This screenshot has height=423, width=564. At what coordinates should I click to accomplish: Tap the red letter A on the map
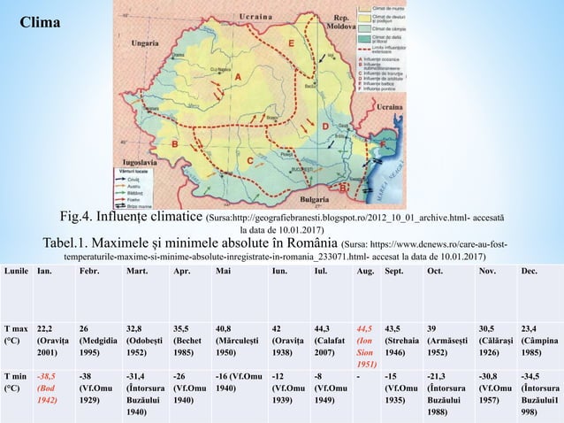(x=237, y=77)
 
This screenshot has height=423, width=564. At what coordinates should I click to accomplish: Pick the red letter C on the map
(x=250, y=160)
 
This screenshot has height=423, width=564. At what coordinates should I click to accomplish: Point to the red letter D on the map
(x=325, y=127)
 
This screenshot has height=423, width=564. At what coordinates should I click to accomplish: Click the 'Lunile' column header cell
(x=16, y=271)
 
